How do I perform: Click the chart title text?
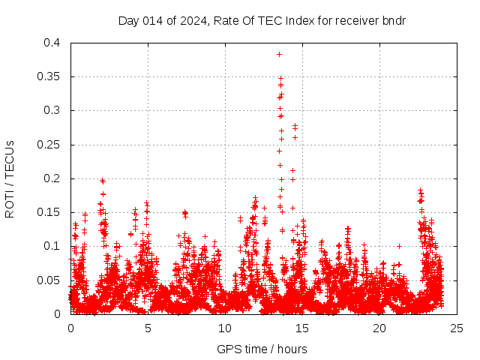coord(262,20)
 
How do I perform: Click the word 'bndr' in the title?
coord(394,20)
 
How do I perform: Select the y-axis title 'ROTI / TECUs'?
coord(10,179)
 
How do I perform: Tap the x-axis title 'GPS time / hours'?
coord(262,349)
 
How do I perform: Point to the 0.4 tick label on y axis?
coord(51,43)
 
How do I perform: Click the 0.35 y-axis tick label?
coord(48,76)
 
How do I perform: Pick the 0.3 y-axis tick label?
coord(51,110)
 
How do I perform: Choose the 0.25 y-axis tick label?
coord(48,145)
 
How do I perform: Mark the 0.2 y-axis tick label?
coord(51,178)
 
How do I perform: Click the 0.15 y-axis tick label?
coord(48,212)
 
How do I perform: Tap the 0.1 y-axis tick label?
coord(51,246)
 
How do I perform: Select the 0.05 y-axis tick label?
coord(48,280)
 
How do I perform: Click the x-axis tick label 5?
coord(148,328)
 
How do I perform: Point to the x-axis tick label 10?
coord(225,328)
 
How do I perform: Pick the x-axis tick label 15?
coord(302,328)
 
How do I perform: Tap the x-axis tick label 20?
coord(379,328)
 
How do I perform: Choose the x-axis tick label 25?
coord(457,328)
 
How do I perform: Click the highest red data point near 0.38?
coord(279,54)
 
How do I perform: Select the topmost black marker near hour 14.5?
coord(295,125)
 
